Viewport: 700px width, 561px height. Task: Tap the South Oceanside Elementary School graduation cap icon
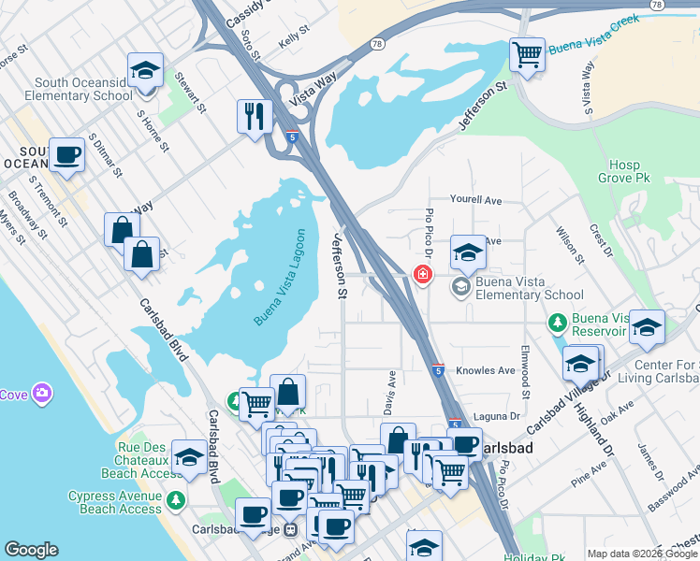click(x=145, y=70)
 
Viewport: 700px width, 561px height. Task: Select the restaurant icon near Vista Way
click(x=255, y=116)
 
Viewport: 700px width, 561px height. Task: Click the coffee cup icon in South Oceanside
click(x=66, y=154)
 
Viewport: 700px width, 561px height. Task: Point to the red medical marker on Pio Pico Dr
click(x=423, y=274)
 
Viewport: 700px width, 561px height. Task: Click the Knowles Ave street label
click(x=486, y=370)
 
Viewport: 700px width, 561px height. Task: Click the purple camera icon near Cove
click(x=41, y=394)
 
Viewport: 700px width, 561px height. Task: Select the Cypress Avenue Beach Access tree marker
click(x=175, y=501)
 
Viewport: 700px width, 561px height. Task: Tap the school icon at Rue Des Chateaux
click(x=189, y=457)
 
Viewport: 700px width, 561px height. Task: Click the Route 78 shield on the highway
click(x=377, y=43)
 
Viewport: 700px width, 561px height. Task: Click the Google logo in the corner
click(x=31, y=550)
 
